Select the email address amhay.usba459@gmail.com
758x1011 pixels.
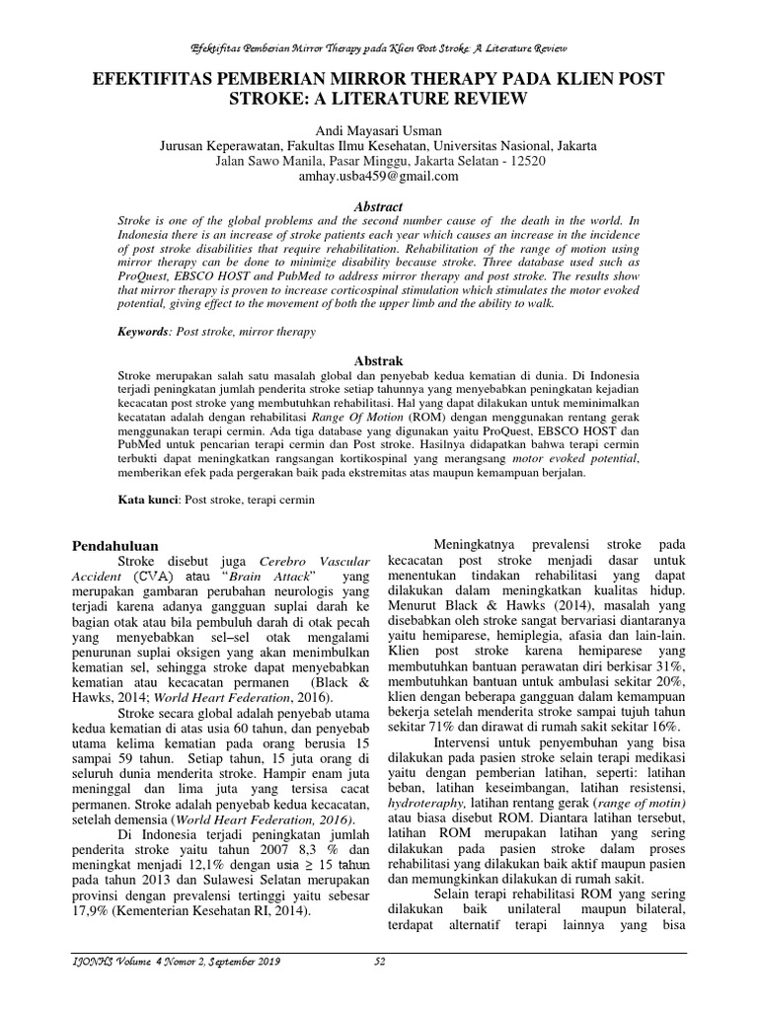(378, 177)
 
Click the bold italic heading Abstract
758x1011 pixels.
(378, 206)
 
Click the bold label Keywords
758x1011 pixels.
(145, 334)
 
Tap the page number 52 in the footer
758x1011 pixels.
(379, 962)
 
